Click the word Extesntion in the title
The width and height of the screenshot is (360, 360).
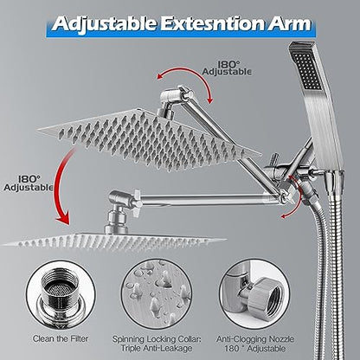click(212, 23)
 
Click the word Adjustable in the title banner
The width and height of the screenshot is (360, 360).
click(105, 24)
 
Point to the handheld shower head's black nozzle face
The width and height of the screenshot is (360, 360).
click(307, 70)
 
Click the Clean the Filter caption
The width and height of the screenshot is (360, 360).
click(61, 338)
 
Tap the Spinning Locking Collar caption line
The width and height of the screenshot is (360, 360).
click(157, 338)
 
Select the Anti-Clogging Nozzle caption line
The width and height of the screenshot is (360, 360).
click(255, 338)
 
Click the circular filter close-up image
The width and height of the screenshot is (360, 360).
click(61, 294)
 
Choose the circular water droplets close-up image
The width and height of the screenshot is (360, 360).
click(157, 293)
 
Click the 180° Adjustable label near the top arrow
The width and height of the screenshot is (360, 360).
click(227, 68)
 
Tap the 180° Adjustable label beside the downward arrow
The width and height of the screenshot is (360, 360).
click(29, 183)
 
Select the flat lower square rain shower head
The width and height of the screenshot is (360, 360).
click(114, 241)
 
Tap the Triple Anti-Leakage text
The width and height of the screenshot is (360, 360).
click(157, 348)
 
